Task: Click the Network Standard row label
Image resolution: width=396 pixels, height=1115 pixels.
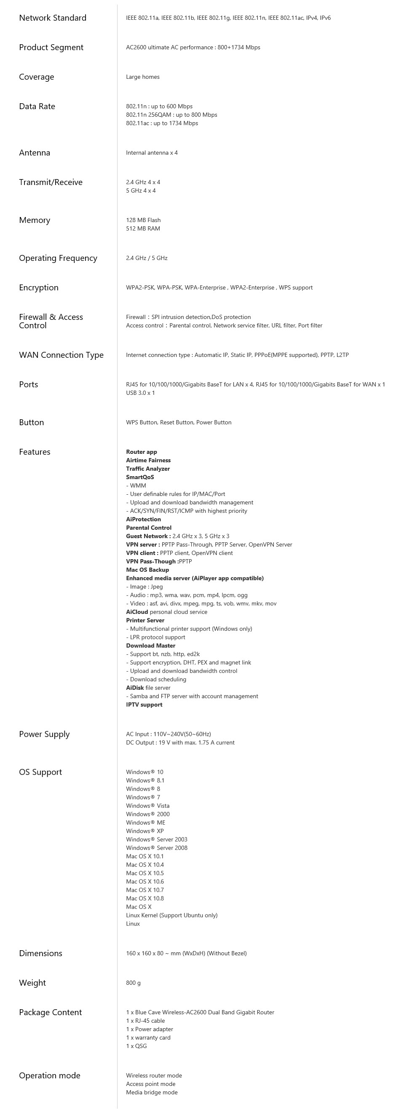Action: (52, 18)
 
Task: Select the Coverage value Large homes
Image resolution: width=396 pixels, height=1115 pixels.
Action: (142, 77)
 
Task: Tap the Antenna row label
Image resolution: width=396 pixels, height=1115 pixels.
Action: (35, 153)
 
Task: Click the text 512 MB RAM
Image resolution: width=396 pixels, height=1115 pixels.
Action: (143, 228)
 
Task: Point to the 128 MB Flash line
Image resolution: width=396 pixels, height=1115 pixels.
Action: (143, 220)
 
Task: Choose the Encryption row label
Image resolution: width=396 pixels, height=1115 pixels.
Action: (38, 288)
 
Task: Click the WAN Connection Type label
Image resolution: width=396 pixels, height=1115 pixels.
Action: (61, 355)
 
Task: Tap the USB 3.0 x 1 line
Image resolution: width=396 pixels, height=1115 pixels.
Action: (140, 393)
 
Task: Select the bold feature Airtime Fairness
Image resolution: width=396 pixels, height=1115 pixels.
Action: (148, 461)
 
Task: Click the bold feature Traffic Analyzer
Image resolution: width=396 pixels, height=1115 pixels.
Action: (147, 469)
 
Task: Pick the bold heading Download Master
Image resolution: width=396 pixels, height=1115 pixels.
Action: (151, 646)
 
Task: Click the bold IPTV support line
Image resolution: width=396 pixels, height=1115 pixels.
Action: (144, 705)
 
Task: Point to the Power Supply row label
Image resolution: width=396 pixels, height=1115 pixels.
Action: (44, 734)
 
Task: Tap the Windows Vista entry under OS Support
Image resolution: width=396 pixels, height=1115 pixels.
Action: (147, 806)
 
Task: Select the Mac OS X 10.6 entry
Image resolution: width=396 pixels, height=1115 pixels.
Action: (144, 882)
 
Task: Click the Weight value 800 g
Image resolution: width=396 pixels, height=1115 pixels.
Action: (133, 983)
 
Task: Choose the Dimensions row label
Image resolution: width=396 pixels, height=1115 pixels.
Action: (41, 954)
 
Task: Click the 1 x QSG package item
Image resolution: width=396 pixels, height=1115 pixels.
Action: (136, 1046)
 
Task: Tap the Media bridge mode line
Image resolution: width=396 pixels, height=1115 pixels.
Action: (152, 1093)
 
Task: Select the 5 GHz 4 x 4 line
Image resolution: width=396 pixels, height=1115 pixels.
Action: (141, 191)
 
